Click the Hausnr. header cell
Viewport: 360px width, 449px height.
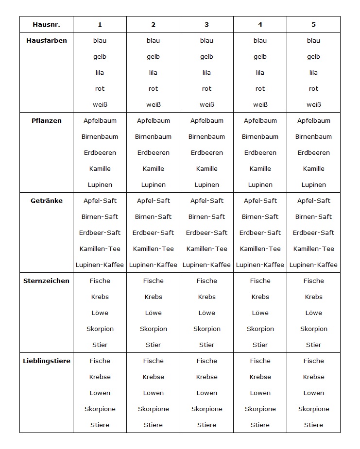click(46, 24)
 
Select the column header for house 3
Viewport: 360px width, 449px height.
click(206, 24)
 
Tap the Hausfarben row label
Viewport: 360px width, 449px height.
click(46, 40)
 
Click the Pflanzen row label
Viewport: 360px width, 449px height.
click(46, 120)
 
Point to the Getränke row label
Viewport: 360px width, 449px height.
click(46, 200)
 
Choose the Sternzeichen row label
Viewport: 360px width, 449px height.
click(46, 281)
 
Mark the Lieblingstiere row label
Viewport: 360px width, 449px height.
click(46, 361)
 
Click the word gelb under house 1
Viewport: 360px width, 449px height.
click(100, 56)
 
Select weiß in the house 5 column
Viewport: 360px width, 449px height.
click(313, 104)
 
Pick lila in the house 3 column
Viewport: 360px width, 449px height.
click(206, 72)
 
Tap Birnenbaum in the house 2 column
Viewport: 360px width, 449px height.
click(153, 136)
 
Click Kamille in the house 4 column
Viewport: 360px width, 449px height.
click(260, 168)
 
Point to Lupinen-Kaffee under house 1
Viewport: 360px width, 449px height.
click(100, 265)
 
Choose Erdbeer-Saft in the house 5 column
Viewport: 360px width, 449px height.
click(313, 233)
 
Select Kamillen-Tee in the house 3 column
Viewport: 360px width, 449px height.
click(206, 249)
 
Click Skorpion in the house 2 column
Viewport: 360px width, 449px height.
click(153, 329)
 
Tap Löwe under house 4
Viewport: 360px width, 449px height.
click(260, 313)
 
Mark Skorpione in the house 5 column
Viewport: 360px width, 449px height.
click(313, 409)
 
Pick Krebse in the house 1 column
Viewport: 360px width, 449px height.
click(100, 377)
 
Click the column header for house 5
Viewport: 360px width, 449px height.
click(313, 24)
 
